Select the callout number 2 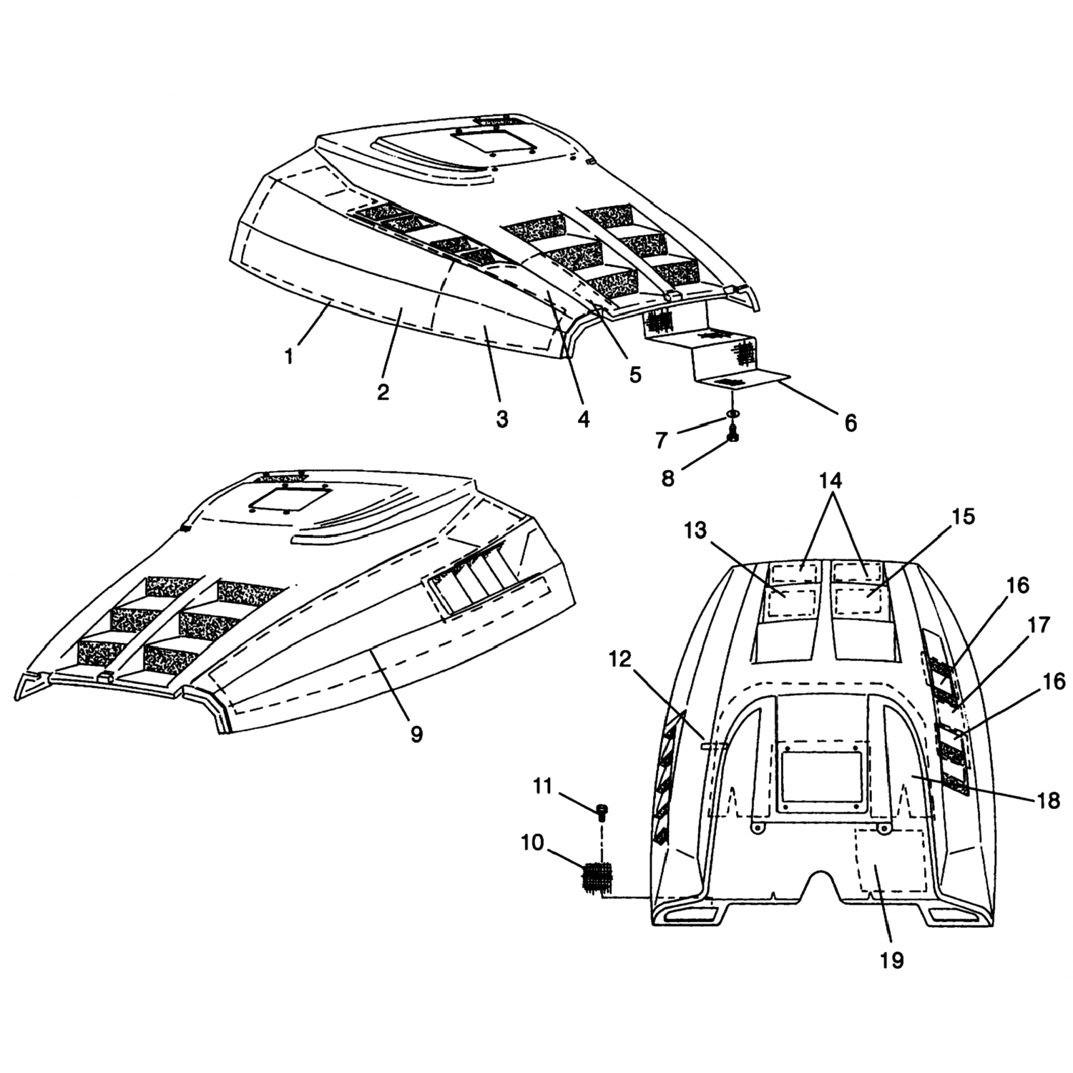[383, 392]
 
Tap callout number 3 [502, 418]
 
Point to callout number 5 [635, 374]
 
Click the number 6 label [850, 423]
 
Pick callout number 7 [662, 440]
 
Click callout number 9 [416, 735]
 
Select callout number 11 [543, 787]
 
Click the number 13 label [695, 531]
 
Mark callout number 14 [831, 481]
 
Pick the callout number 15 [964, 516]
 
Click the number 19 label [893, 960]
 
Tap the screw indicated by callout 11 [602, 810]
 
